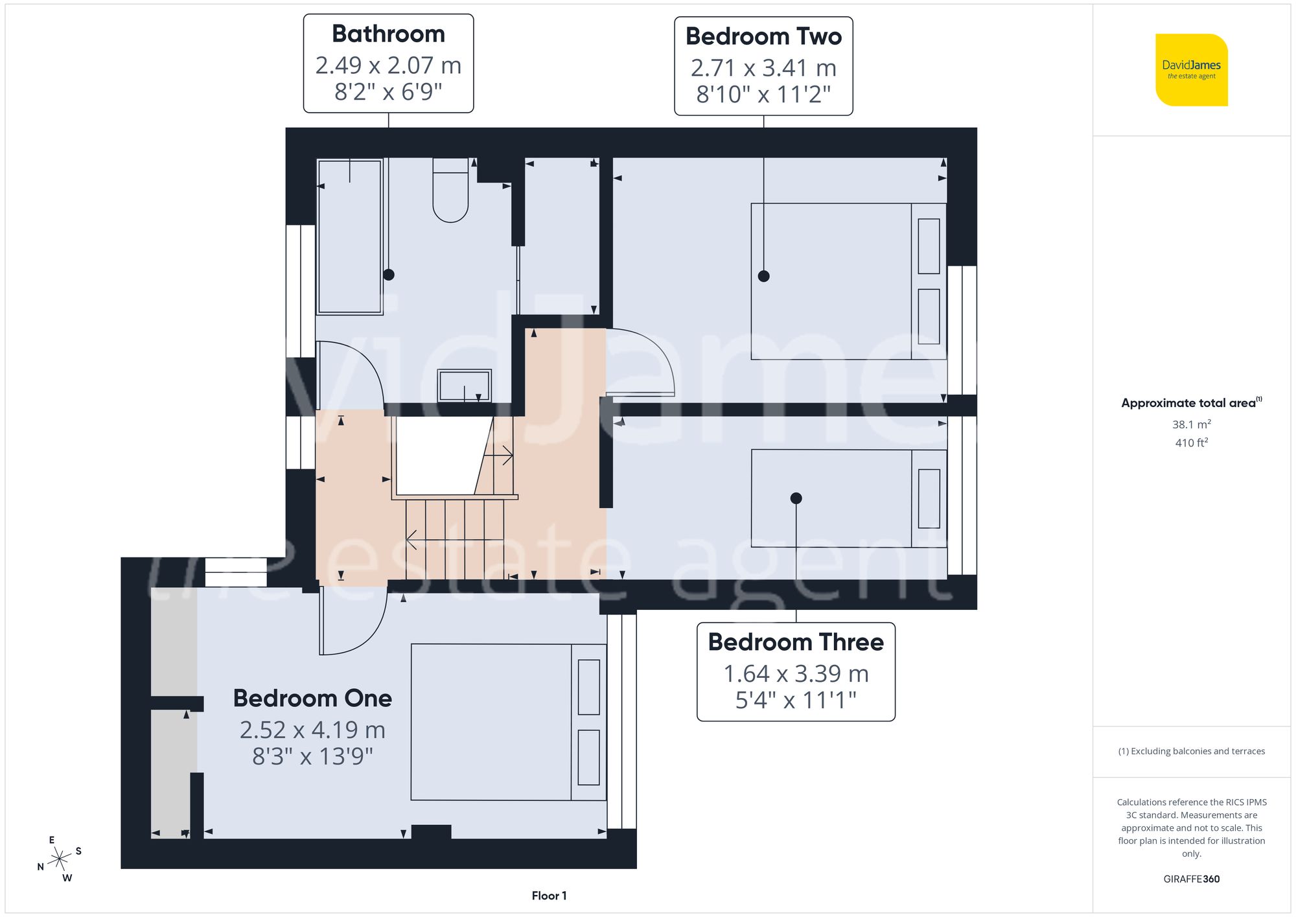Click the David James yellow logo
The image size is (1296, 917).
[1191, 70]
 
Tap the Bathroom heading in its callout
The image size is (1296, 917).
[388, 34]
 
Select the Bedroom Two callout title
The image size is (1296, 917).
[763, 37]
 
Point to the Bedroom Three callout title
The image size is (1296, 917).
[796, 642]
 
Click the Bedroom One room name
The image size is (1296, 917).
[312, 699]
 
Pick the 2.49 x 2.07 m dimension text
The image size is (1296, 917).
[388, 65]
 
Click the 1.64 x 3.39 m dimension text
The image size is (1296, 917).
[796, 674]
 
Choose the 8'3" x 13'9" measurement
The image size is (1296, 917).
[312, 756]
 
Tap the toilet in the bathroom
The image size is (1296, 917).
[450, 191]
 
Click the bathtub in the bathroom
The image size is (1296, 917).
[350, 237]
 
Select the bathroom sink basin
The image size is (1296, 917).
[465, 386]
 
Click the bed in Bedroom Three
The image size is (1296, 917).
[848, 498]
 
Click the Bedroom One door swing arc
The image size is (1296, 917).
[353, 622]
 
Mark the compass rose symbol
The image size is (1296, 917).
[60, 859]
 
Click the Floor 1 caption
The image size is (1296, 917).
[549, 896]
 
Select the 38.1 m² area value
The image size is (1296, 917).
[1191, 424]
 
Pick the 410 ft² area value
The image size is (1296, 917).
[1191, 443]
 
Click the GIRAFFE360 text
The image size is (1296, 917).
[1191, 879]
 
